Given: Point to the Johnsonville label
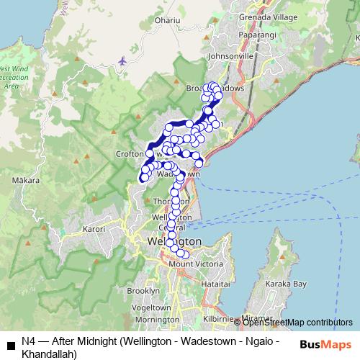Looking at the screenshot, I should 230,54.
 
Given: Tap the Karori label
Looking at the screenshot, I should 94,229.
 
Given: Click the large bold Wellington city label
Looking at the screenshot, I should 174,241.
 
